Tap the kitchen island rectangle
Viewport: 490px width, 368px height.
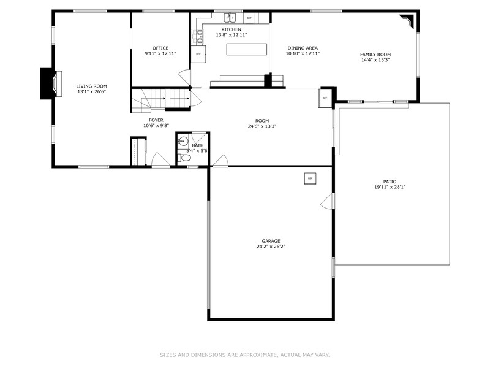248,49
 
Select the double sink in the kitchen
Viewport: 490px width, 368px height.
230,18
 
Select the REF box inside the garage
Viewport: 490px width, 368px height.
310,178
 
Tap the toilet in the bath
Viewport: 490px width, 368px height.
186,158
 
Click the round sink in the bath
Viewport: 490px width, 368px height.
182,140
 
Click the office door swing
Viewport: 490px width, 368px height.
184,79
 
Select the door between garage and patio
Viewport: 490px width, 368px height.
327,201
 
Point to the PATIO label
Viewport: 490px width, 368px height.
390,182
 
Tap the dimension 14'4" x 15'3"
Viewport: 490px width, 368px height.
375,60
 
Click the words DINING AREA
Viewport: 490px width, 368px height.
303,48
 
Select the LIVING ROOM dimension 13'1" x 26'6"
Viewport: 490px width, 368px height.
91,92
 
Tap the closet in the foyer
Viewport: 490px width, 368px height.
137,151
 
